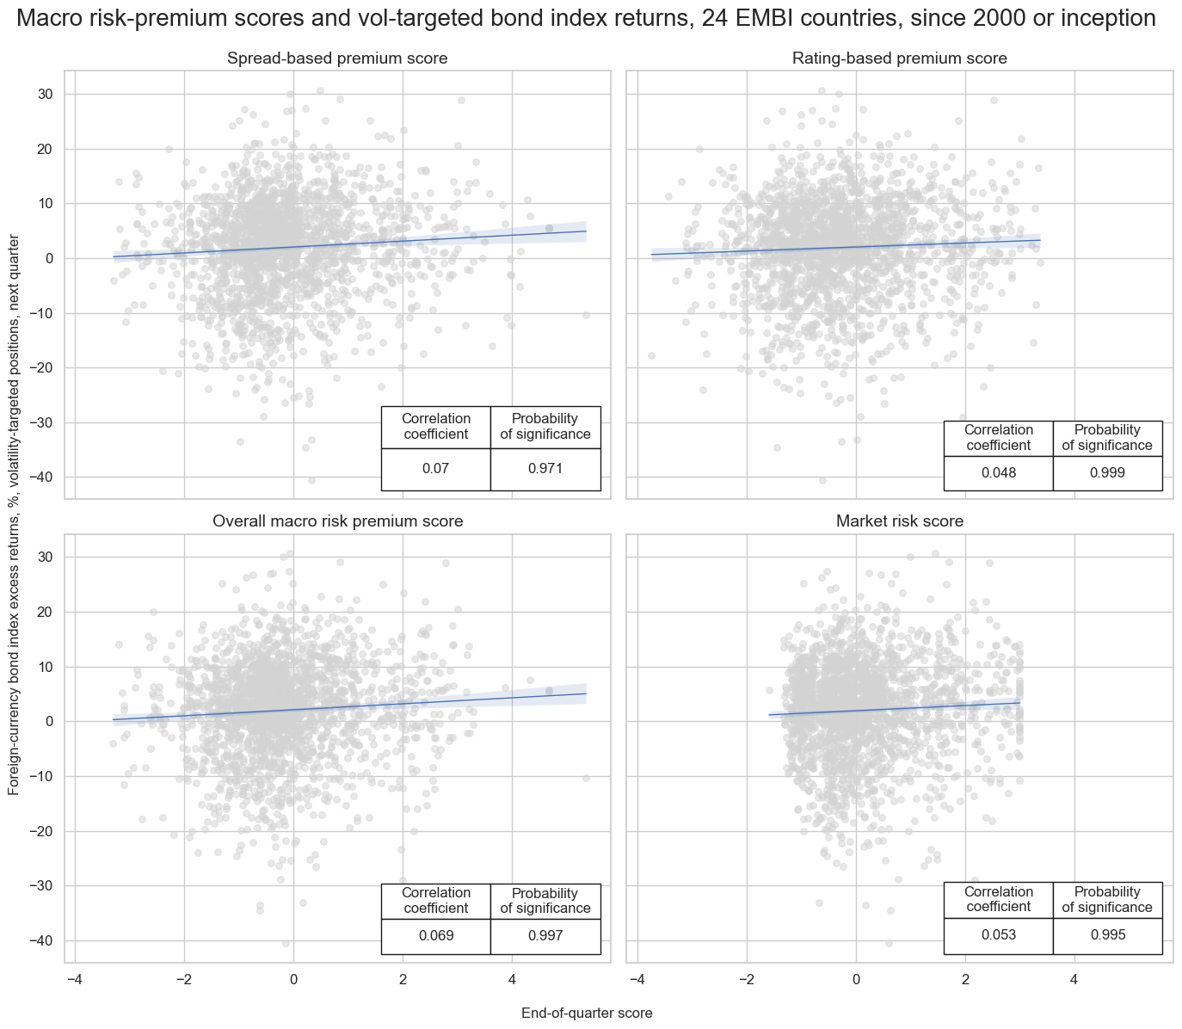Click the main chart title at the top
(590, 19)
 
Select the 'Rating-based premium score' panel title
(899, 59)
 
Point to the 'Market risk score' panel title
(899, 521)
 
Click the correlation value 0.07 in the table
(435, 469)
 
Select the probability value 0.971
(545, 469)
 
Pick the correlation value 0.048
(998, 472)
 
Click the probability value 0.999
(1107, 472)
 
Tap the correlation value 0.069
(435, 936)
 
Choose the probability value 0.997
(545, 936)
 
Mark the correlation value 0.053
(998, 936)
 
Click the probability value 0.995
(1107, 936)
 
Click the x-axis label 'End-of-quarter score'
(587, 1014)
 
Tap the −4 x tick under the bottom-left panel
(75, 979)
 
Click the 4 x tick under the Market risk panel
(1074, 979)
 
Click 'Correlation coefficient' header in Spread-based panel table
(435, 427)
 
